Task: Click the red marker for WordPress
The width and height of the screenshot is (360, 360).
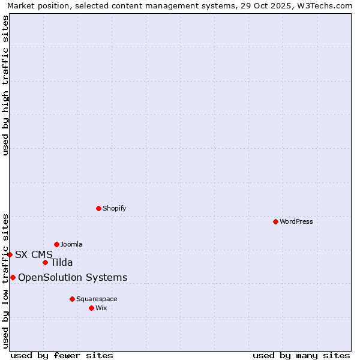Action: (275, 221)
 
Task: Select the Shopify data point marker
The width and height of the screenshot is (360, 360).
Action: (98, 208)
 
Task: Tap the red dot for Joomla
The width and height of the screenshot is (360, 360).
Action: (56, 244)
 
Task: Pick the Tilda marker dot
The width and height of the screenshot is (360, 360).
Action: (45, 262)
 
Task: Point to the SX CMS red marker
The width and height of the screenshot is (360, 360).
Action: (10, 254)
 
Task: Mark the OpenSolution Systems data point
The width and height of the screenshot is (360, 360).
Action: (13, 277)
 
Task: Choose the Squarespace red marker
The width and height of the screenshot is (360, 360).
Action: (72, 299)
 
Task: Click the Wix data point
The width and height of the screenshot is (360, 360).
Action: (91, 308)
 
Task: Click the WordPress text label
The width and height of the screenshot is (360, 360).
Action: (296, 221)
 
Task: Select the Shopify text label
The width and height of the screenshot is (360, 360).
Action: (115, 208)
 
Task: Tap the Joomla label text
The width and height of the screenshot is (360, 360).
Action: (71, 244)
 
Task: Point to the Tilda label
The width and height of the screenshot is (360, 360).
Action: (62, 262)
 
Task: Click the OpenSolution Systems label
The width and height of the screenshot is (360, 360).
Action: (73, 277)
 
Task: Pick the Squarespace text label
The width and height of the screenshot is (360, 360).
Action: (97, 299)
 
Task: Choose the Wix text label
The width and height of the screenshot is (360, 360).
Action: (101, 308)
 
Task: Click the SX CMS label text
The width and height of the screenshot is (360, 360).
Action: (34, 254)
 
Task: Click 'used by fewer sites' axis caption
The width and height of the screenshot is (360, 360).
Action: (62, 355)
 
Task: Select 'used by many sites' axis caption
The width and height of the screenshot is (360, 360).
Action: (301, 355)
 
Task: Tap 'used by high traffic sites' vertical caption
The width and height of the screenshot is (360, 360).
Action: (5, 85)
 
